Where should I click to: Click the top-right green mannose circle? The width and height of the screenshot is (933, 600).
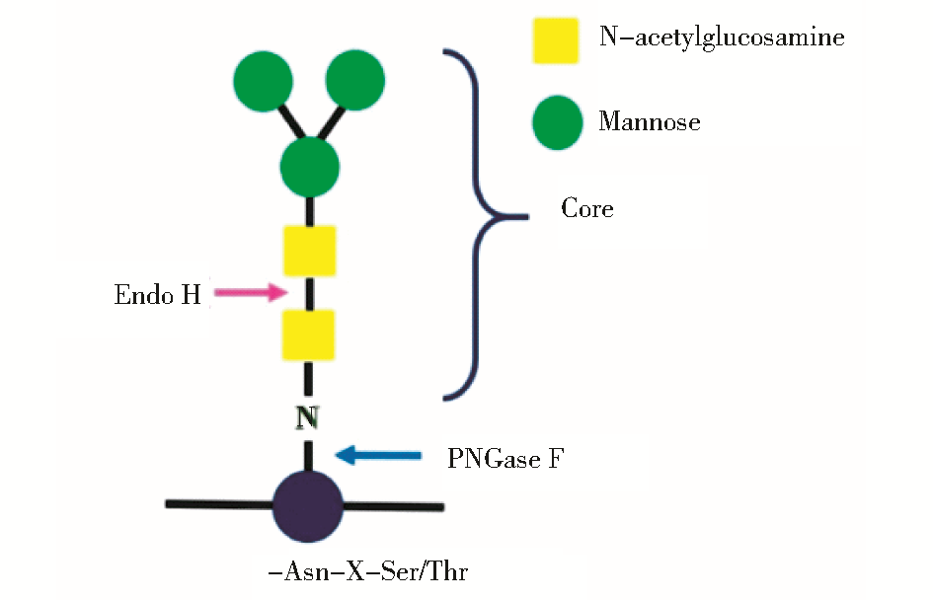pos(354,80)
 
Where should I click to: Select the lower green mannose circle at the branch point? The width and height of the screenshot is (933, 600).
pos(310,166)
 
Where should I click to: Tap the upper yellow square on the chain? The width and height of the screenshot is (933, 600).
pos(310,251)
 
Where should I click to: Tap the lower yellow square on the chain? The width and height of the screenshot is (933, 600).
pos(309,335)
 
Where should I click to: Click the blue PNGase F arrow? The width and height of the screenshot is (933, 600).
pos(379,455)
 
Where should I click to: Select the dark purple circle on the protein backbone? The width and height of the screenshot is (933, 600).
pos(308,505)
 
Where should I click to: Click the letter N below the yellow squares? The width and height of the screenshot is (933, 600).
pos(308,417)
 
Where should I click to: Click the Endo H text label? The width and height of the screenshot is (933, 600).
pos(158,294)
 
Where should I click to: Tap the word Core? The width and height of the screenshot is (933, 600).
pos(586,209)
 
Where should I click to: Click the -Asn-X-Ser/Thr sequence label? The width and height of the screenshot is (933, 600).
pos(373,571)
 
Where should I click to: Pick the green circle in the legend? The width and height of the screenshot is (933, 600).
pos(557,122)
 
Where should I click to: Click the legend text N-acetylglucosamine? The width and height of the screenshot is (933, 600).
pos(722,38)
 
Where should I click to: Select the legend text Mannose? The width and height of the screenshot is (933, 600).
pos(649,122)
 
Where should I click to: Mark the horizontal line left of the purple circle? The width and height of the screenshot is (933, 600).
pos(218,504)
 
